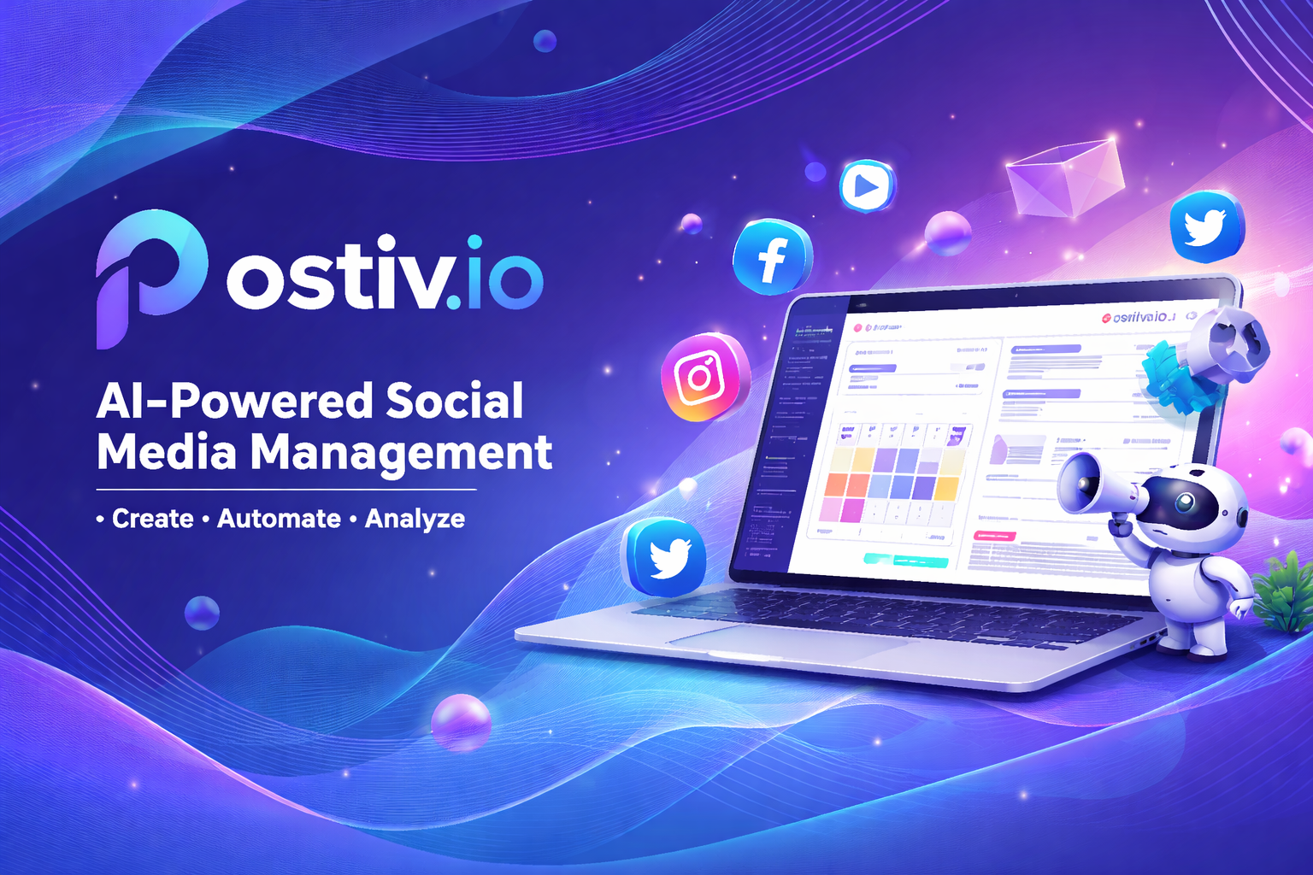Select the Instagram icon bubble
704,377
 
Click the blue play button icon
866,185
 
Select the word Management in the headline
401,453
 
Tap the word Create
152,519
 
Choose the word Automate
279,519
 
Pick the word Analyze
415,519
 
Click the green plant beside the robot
1285,590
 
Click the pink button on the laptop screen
994,536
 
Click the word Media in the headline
166,453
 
